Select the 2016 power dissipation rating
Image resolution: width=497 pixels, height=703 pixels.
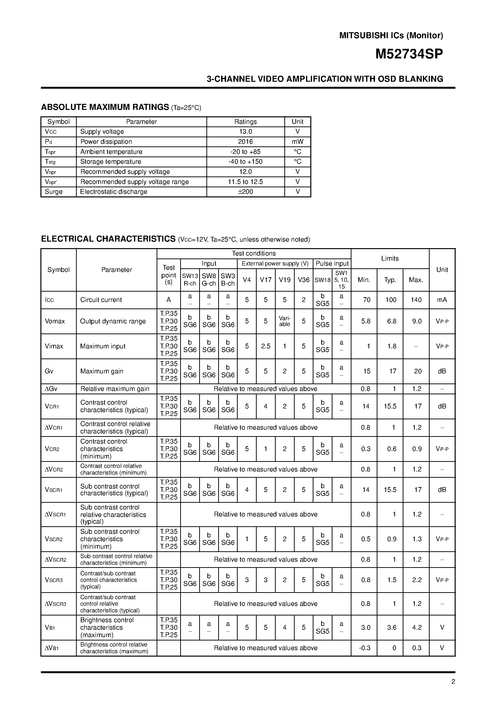click(x=245, y=142)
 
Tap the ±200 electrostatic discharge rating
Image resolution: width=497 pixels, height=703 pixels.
click(x=245, y=192)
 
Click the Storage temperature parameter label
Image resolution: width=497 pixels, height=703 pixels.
click(x=111, y=162)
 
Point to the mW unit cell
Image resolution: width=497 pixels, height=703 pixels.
click(x=297, y=142)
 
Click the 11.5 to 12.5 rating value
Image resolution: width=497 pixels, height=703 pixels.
click(x=245, y=182)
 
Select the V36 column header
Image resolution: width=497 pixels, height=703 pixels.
click(x=303, y=280)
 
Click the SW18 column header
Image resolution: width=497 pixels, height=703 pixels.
click(x=322, y=280)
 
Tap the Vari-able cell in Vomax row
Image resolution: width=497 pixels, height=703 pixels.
click(x=284, y=321)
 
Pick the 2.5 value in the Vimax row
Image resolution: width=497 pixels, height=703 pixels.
click(x=265, y=346)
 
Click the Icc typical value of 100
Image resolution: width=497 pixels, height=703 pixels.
click(x=391, y=300)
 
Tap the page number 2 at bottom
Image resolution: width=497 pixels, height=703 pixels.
click(x=453, y=682)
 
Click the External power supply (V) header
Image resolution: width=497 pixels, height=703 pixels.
click(x=275, y=264)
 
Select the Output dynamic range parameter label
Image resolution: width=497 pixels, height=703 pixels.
click(x=113, y=321)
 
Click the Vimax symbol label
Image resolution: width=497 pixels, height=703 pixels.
click(x=54, y=346)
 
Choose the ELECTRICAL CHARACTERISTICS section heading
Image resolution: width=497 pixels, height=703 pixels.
click(x=108, y=239)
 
